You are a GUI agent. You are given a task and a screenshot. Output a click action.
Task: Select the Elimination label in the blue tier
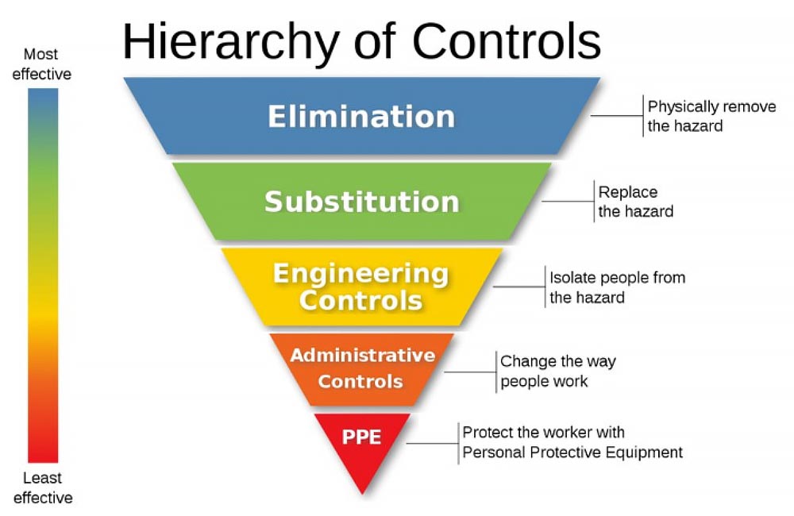361,117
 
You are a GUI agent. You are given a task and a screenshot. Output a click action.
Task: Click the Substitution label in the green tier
361,201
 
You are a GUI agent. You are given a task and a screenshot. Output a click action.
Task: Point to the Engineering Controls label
361,287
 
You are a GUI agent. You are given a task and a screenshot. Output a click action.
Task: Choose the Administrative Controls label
362,368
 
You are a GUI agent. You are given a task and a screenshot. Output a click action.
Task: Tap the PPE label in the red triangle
362,437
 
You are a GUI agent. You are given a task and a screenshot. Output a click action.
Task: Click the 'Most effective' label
41,64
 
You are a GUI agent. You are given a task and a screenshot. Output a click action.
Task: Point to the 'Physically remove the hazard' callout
711,116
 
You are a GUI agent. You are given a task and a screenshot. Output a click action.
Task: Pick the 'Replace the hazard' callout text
635,202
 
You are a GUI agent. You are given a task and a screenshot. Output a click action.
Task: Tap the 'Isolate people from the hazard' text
617,287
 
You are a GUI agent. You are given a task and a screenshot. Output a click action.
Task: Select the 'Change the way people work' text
557,371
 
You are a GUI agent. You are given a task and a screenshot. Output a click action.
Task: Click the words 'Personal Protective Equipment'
572,452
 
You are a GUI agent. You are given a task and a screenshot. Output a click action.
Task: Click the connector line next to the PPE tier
432,443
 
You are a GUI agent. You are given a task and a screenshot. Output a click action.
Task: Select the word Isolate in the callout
570,278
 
